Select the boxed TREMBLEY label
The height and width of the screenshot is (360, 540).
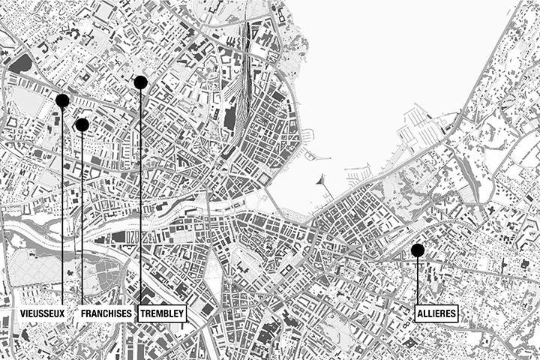161,313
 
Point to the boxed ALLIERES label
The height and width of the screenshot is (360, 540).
436,313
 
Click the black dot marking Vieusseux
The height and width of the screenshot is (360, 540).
62,100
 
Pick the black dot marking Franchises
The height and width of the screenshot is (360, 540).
82,124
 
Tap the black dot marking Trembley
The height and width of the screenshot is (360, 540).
140,82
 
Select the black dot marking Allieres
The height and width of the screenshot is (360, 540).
418,250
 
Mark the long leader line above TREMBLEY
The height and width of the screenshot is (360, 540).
140,195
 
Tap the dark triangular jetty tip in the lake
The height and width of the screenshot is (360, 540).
322,179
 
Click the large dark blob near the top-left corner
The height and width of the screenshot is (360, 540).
22,63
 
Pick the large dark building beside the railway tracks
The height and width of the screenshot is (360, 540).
229,116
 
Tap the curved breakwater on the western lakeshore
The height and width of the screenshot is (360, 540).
319,157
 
